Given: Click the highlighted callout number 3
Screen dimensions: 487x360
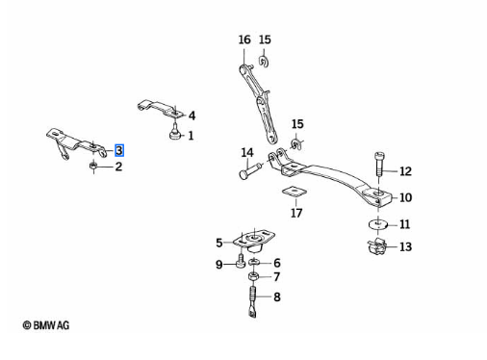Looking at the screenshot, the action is tap(119, 150).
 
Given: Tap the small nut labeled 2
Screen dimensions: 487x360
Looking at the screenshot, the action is tap(93, 166).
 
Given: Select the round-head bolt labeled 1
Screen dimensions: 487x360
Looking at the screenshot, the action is tap(175, 134).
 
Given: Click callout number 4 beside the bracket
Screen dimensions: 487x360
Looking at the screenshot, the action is tap(192, 116).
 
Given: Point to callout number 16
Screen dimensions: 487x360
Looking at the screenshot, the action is tap(244, 39).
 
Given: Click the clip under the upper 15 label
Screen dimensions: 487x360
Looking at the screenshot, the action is tap(264, 62).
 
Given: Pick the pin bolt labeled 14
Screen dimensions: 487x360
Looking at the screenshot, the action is tap(250, 171).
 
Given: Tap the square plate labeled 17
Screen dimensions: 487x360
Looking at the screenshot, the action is tap(295, 192).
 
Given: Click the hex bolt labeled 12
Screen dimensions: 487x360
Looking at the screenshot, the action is tap(379, 165).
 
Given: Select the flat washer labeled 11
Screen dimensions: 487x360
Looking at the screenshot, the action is tap(378, 224).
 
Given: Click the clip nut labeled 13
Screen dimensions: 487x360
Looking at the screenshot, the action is tap(376, 247).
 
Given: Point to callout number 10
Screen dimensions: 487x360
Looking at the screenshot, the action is tap(405, 197).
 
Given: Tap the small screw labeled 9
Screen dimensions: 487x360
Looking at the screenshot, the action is tap(241, 261).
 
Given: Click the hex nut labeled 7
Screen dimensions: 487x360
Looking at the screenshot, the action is tap(253, 276).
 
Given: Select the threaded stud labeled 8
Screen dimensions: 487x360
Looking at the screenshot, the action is tap(253, 301).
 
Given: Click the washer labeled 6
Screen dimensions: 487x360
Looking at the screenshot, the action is tap(254, 262).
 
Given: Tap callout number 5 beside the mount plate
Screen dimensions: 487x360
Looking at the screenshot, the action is tap(219, 243).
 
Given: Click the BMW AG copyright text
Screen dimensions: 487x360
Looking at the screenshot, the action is tap(46, 325).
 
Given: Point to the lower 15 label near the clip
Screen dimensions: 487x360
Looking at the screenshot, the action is tap(297, 124).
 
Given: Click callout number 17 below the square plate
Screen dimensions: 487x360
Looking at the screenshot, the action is tap(296, 213).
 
